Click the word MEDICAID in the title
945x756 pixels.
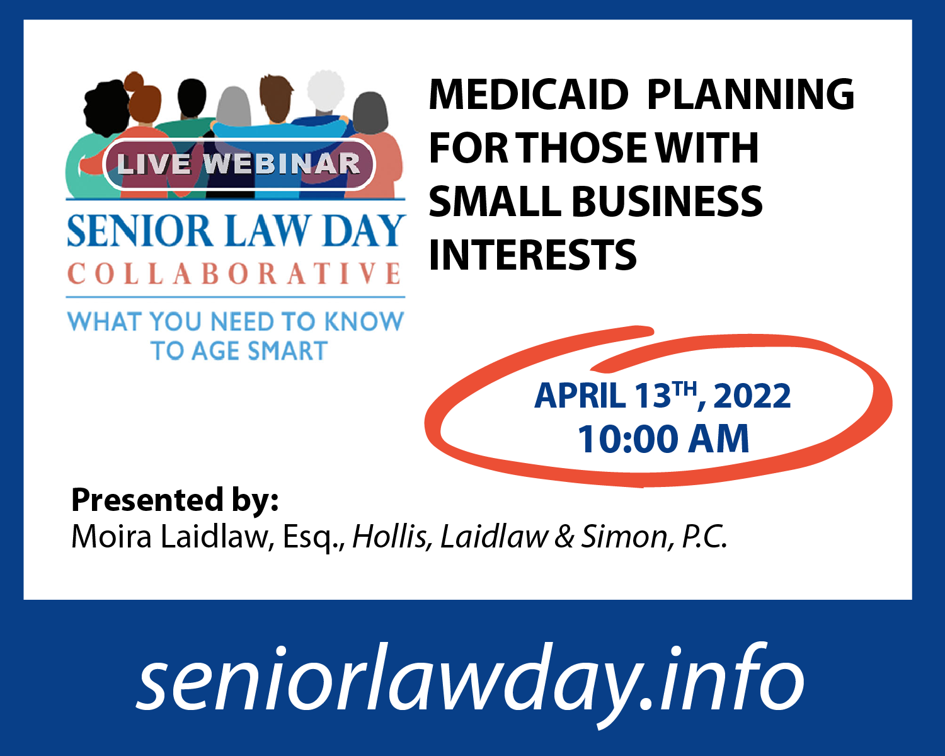[x=528, y=94]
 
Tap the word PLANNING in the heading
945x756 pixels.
[x=750, y=94]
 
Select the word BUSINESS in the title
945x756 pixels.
[x=667, y=201]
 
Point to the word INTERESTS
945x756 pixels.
[x=532, y=255]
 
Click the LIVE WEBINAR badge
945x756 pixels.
[x=239, y=164]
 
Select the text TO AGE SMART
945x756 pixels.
[x=239, y=350]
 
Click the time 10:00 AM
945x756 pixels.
[x=663, y=439]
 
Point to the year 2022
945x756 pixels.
[x=752, y=396]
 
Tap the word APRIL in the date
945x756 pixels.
[x=580, y=396]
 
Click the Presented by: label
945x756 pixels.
[x=175, y=500]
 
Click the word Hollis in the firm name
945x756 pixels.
[x=389, y=536]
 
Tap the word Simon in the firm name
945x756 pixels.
[x=624, y=536]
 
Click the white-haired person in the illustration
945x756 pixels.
[x=325, y=105]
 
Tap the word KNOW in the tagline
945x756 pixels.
[x=364, y=321]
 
